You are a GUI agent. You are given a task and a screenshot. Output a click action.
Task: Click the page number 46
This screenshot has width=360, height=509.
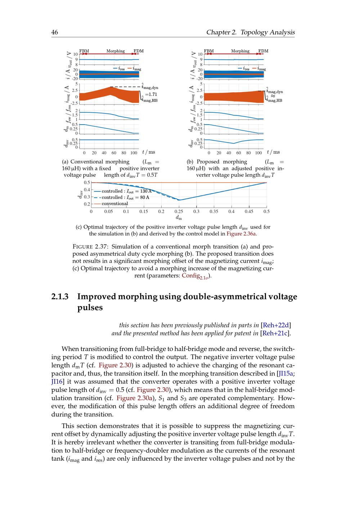coord(55,32)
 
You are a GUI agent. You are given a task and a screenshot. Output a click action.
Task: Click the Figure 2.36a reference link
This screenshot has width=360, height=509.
coord(241,234)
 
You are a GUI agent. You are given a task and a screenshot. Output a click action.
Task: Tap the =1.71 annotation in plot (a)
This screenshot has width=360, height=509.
coord(150,94)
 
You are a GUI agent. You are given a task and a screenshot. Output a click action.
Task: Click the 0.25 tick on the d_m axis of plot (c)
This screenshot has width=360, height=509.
coord(179,212)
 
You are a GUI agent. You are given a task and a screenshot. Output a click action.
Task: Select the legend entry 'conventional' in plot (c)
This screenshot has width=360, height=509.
coord(114,204)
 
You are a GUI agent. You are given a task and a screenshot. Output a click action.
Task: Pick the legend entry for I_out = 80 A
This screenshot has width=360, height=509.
coord(125,197)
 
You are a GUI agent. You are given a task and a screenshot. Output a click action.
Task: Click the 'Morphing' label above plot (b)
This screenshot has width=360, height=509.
coord(240,51)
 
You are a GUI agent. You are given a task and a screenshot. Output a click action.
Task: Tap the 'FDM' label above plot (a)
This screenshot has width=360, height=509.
coord(139,51)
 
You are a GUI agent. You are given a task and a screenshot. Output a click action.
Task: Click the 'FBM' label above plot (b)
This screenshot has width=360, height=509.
coord(209,51)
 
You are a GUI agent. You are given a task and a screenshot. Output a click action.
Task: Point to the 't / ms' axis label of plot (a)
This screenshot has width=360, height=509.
coord(149,152)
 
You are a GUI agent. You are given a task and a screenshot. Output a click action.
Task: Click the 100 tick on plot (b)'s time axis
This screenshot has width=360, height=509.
coord(258,153)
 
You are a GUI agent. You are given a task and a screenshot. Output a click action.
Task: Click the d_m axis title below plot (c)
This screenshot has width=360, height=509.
coord(179,218)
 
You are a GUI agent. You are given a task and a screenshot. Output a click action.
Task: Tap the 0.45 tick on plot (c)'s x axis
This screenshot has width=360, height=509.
coord(249,212)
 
